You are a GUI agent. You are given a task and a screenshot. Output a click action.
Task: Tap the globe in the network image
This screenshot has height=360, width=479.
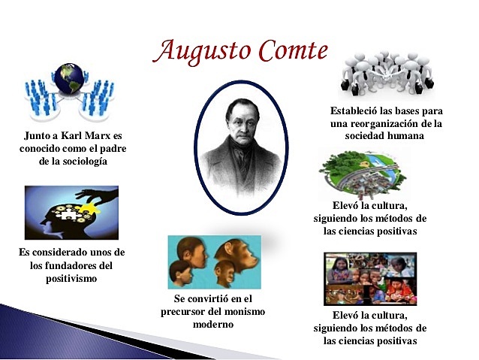[x=70, y=78]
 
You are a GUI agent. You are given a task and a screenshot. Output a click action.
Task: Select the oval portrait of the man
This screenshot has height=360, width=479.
[x=238, y=148]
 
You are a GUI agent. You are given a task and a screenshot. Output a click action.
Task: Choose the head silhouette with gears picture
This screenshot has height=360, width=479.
[x=71, y=213]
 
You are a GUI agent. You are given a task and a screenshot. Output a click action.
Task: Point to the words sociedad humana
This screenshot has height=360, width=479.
[x=385, y=136]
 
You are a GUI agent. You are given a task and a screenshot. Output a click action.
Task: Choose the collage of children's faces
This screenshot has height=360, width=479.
[x=369, y=278]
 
